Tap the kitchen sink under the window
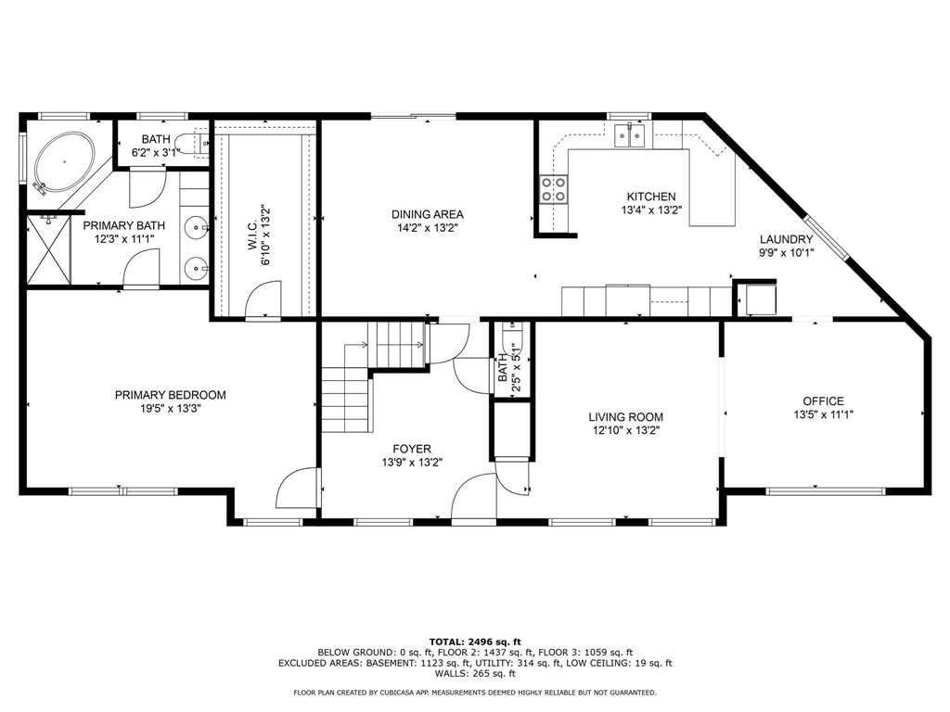tap(630, 135)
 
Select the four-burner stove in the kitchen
tap(554, 188)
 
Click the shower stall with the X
tap(49, 250)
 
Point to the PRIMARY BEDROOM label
tap(171, 395)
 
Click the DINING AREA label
tap(427, 214)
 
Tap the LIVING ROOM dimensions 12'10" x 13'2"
tap(626, 431)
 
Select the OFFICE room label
tap(824, 400)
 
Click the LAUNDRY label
tap(787, 239)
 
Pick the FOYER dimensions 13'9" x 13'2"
tap(412, 463)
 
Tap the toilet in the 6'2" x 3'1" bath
tap(192, 143)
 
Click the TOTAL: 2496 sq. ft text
tap(475, 642)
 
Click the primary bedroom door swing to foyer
tap(297, 488)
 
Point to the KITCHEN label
tap(651, 197)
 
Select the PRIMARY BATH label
tap(124, 226)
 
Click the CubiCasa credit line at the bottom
tap(475, 693)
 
